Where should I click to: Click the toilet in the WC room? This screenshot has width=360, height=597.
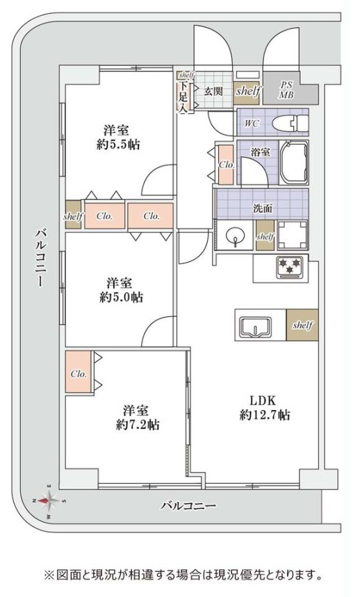pyautogui.click(x=288, y=124)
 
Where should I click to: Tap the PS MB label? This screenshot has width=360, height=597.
pyautogui.click(x=287, y=90)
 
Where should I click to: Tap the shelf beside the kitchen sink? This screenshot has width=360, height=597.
pyautogui.click(x=302, y=325)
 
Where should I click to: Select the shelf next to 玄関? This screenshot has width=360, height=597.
pyautogui.click(x=247, y=90)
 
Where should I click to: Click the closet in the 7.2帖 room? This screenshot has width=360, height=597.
pyautogui.click(x=79, y=373)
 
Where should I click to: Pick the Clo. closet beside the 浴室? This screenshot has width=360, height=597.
pyautogui.click(x=226, y=165)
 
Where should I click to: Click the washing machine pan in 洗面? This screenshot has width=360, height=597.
pyautogui.click(x=293, y=235)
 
